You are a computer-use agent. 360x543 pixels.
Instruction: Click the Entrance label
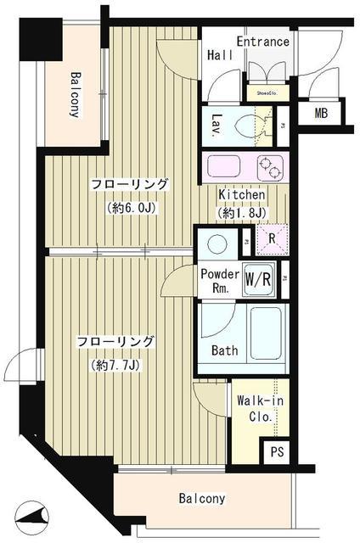pos(262,42)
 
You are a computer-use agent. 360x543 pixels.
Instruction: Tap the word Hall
pos(220,55)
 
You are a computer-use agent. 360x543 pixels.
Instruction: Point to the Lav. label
pos(217,126)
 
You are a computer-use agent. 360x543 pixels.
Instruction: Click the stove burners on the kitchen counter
pos(269,166)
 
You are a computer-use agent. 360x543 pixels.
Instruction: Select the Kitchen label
pos(242,195)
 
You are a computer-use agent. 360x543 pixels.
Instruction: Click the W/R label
pos(258,277)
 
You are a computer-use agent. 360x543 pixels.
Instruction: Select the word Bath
pos(224,350)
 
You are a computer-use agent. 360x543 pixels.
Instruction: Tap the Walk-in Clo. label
pos(255,409)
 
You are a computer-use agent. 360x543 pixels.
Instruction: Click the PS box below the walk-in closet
pos(276,452)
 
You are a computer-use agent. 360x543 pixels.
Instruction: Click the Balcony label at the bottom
pos(201,499)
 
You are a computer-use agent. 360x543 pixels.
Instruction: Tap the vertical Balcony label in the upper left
pos(76,93)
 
